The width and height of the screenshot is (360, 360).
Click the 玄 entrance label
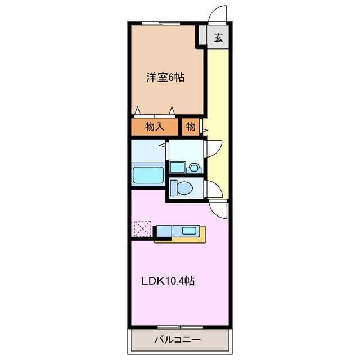click(x=218, y=39)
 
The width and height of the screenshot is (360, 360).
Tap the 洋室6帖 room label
click(x=165, y=78)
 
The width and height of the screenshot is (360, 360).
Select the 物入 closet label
click(x=155, y=127)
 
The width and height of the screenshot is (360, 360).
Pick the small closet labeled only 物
click(x=191, y=127)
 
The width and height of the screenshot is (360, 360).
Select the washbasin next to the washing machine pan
click(x=193, y=167)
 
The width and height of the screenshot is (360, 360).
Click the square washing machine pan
click(x=177, y=167)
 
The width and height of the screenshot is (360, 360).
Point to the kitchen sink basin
click(x=189, y=231)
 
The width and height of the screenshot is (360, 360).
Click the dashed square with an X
click(x=142, y=229)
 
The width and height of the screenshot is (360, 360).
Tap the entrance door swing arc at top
click(x=217, y=15)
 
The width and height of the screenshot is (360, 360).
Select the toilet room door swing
click(x=213, y=189)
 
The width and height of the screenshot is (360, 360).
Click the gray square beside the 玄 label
click(x=201, y=38)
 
